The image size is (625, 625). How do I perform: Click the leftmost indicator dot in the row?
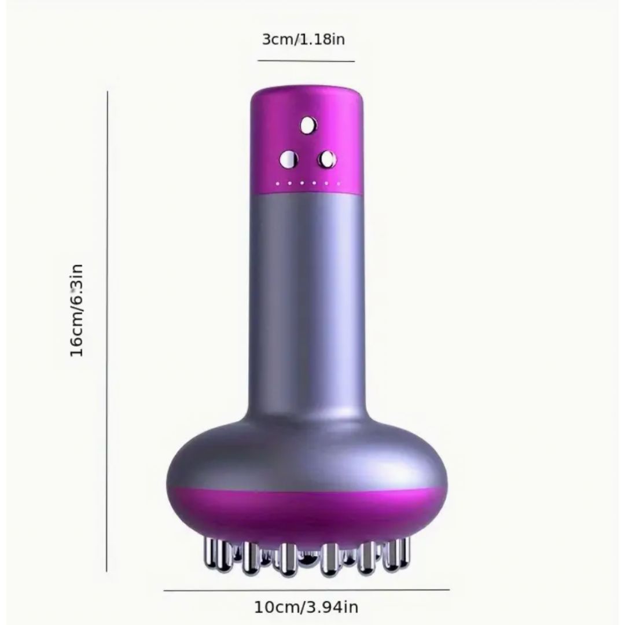point(278,184)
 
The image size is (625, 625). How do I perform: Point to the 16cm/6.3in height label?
point(77,311)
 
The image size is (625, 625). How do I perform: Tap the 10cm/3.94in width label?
point(306,607)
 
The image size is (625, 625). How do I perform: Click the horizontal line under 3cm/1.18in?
point(306,61)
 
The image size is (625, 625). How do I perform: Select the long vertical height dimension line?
point(108,330)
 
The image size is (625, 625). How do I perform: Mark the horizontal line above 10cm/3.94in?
point(306,590)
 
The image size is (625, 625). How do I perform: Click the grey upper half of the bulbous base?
point(307,451)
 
